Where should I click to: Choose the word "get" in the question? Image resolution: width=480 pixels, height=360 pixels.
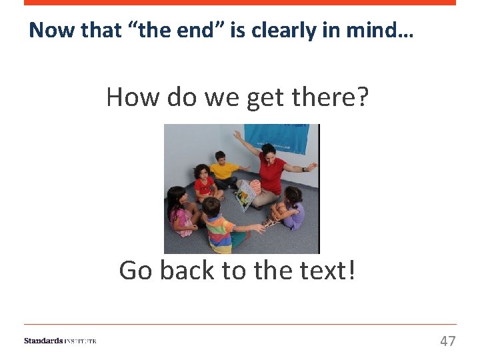(264, 97)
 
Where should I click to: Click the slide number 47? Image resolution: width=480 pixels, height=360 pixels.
(447, 341)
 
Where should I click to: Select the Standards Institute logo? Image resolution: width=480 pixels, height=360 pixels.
(60, 341)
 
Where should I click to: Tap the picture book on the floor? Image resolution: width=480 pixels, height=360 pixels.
(245, 193)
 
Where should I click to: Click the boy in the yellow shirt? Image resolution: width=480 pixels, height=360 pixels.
(223, 169)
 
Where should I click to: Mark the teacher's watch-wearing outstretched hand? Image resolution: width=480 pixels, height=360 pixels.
(311, 166)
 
